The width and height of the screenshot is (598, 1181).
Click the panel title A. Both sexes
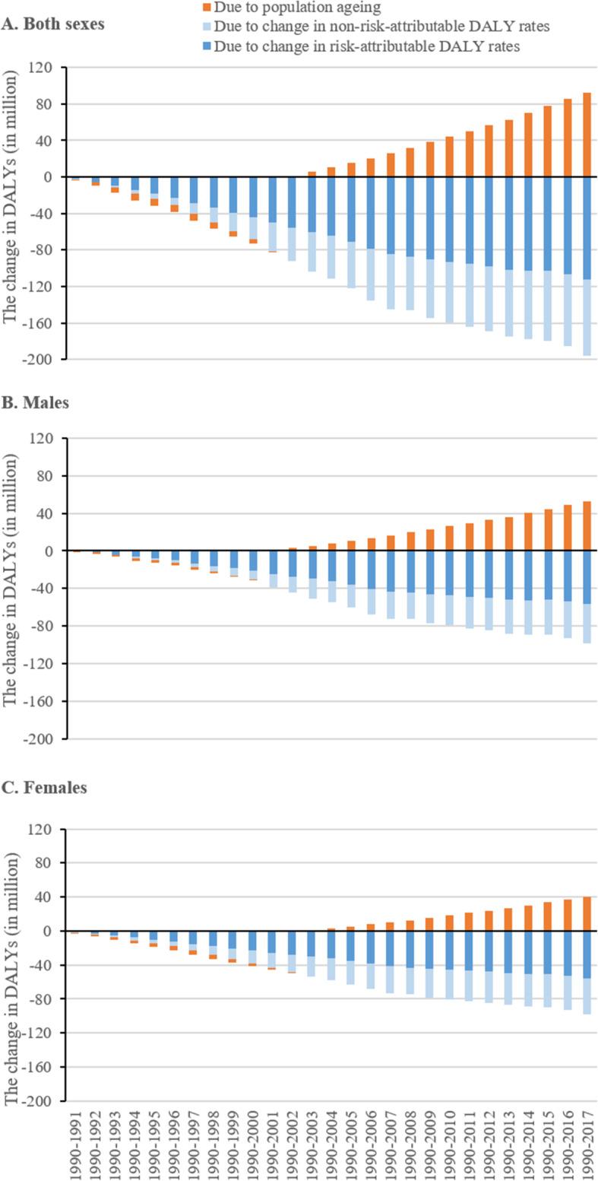(x=53, y=23)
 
